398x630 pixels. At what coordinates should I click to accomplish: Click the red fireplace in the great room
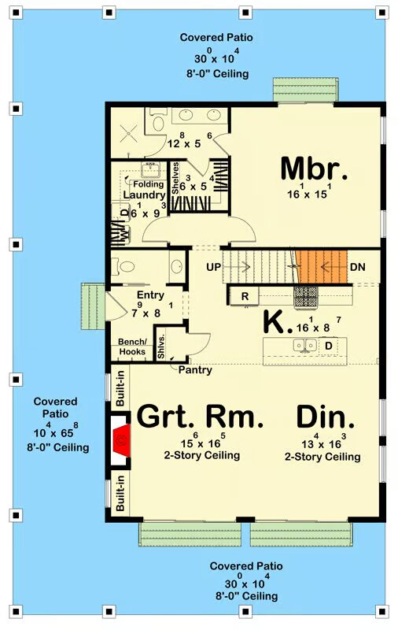click(122, 441)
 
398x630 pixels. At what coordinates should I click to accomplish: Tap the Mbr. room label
click(314, 169)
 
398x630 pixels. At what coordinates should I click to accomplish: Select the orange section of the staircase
click(322, 267)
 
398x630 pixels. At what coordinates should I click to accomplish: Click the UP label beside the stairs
click(213, 267)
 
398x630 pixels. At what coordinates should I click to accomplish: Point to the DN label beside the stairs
click(357, 267)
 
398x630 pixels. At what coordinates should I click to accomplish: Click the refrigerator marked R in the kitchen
click(245, 297)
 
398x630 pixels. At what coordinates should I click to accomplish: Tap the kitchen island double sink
click(305, 345)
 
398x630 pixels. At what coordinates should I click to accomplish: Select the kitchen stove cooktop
click(306, 297)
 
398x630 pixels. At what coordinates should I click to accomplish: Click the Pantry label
click(195, 369)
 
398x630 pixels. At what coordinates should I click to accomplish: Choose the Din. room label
click(326, 417)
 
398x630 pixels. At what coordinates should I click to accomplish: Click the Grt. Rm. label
click(201, 417)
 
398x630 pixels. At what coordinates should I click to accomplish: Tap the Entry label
click(150, 295)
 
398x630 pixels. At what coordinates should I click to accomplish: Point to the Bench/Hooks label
click(132, 346)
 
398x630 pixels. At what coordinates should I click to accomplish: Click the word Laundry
click(145, 195)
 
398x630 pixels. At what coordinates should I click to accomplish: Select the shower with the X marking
click(128, 132)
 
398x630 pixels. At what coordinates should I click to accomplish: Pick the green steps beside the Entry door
click(94, 306)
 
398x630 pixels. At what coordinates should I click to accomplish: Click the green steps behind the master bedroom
click(306, 90)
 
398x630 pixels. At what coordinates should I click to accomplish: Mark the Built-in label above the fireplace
click(120, 388)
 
